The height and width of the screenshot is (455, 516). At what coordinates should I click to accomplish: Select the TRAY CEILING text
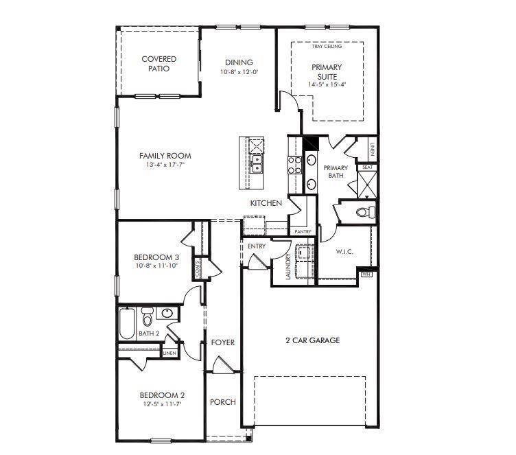click(327, 46)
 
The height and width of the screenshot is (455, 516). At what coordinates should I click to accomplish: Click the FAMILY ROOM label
click(165, 156)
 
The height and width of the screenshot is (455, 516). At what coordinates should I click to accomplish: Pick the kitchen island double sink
click(257, 164)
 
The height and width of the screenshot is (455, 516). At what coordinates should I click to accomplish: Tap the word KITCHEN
click(266, 203)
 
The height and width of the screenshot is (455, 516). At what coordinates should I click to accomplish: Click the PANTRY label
click(303, 232)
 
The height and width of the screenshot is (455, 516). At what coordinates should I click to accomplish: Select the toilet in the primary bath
click(366, 211)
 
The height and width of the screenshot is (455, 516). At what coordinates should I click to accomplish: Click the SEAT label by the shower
click(367, 167)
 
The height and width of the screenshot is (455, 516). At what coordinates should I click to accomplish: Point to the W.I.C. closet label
click(344, 252)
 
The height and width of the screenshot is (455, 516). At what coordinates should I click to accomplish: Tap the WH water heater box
click(365, 274)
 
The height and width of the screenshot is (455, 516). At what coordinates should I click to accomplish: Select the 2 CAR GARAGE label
click(312, 340)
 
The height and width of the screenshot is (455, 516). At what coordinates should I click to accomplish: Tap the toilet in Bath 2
click(147, 318)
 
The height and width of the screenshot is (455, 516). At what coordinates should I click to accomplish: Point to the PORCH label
click(222, 402)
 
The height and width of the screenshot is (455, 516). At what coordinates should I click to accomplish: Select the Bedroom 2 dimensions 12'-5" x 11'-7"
click(163, 404)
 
